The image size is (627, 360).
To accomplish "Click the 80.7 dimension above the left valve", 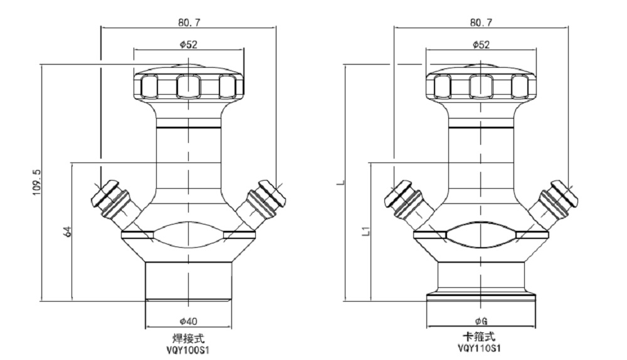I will click(188, 22).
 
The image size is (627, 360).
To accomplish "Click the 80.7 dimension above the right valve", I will click(481, 22).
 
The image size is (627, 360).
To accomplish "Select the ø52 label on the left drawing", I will click(188, 45).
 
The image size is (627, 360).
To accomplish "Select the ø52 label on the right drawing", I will click(481, 45).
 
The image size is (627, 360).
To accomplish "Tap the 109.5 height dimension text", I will click(36, 183).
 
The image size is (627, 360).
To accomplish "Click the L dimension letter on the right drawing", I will click(339, 183).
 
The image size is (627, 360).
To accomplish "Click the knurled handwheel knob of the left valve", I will click(188, 85).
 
